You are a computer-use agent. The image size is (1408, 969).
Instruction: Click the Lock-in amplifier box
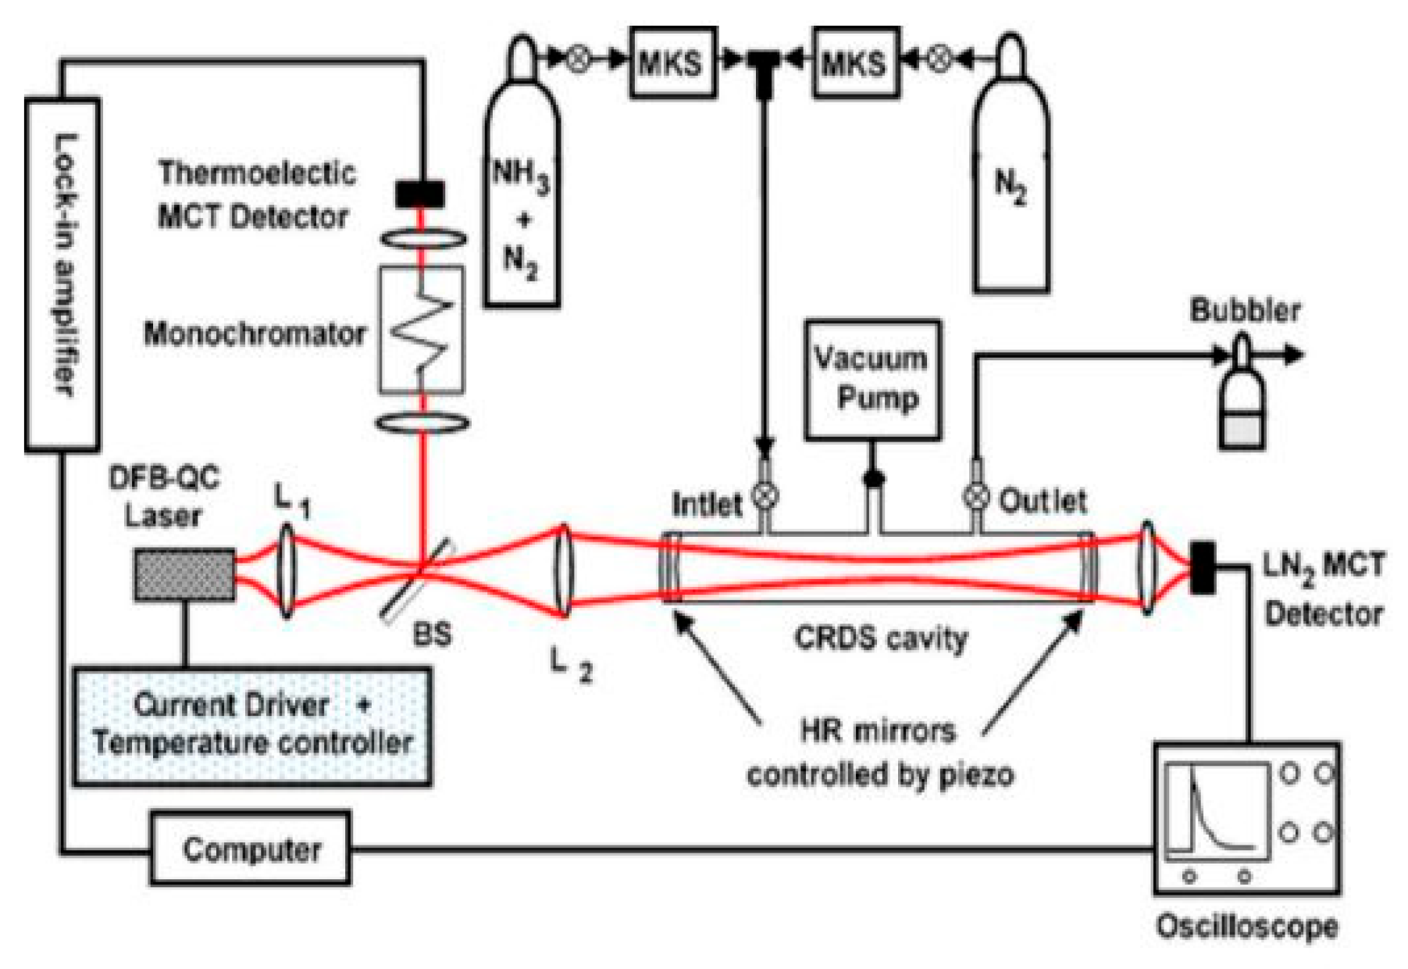point(62,274)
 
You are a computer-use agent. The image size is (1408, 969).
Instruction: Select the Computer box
point(251,849)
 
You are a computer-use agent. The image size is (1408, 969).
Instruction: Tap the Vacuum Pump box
point(872,379)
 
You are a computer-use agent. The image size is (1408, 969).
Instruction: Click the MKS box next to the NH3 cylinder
point(672,63)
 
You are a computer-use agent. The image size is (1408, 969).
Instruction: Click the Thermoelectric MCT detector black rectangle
point(420,194)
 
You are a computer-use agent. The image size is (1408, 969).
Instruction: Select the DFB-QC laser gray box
point(184,574)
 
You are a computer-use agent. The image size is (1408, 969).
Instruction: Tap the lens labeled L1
point(286,571)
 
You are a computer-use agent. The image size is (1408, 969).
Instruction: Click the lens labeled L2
point(563,571)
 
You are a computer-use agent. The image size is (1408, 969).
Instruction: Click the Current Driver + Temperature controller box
point(252,725)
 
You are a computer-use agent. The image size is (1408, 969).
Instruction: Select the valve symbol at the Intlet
point(765,495)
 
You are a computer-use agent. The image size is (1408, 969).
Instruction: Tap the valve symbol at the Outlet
point(976,495)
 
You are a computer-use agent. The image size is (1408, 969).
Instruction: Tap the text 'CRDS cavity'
point(881,638)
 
